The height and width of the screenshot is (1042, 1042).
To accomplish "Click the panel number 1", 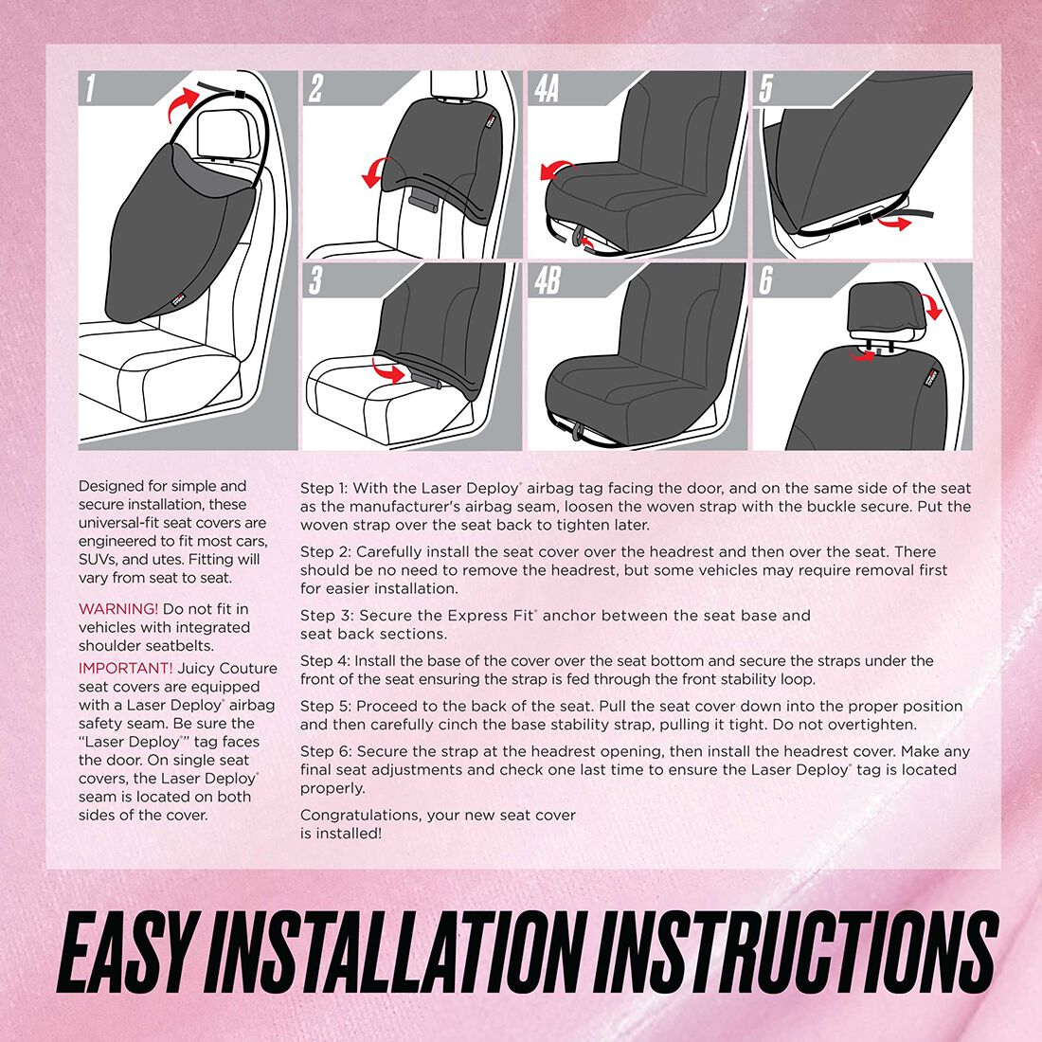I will click(x=90, y=90).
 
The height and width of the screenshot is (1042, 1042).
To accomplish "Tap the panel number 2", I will click(x=315, y=89).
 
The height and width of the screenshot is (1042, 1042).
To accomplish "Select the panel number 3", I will click(x=315, y=281).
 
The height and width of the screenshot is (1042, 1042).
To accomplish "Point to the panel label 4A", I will click(x=547, y=89).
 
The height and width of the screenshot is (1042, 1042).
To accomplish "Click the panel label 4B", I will click(x=547, y=281).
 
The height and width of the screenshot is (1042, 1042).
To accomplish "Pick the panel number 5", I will click(x=766, y=89).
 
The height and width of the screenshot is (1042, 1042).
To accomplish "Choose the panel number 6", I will click(x=766, y=281).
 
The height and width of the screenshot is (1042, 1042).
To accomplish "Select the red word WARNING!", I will click(x=118, y=609).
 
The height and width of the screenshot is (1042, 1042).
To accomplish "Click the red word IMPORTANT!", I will click(x=125, y=669).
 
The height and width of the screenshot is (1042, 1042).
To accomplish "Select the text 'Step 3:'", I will click(x=327, y=616).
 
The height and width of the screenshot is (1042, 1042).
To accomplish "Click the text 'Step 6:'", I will click(x=327, y=752).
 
